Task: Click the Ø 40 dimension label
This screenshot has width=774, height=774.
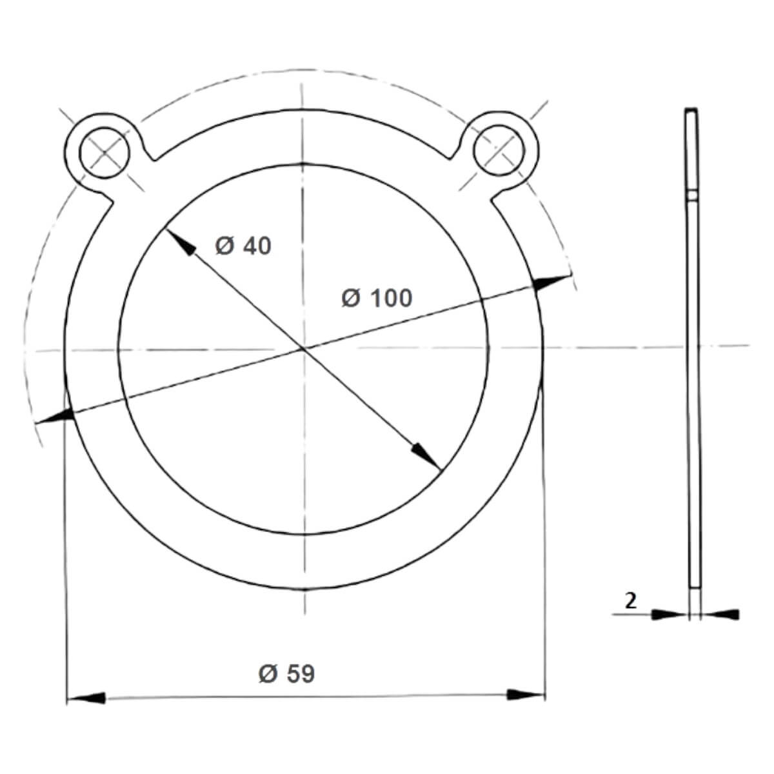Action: pyautogui.click(x=243, y=246)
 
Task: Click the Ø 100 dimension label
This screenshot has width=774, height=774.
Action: pyautogui.click(x=377, y=299)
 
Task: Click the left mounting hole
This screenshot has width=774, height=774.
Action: pyautogui.click(x=104, y=153)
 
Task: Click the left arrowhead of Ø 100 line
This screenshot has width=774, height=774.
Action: pyautogui.click(x=54, y=416)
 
